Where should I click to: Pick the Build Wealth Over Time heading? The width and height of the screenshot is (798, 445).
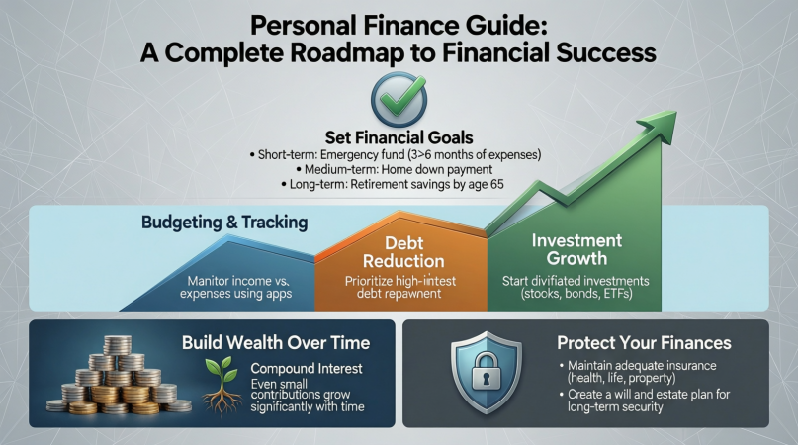coord(276,344)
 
